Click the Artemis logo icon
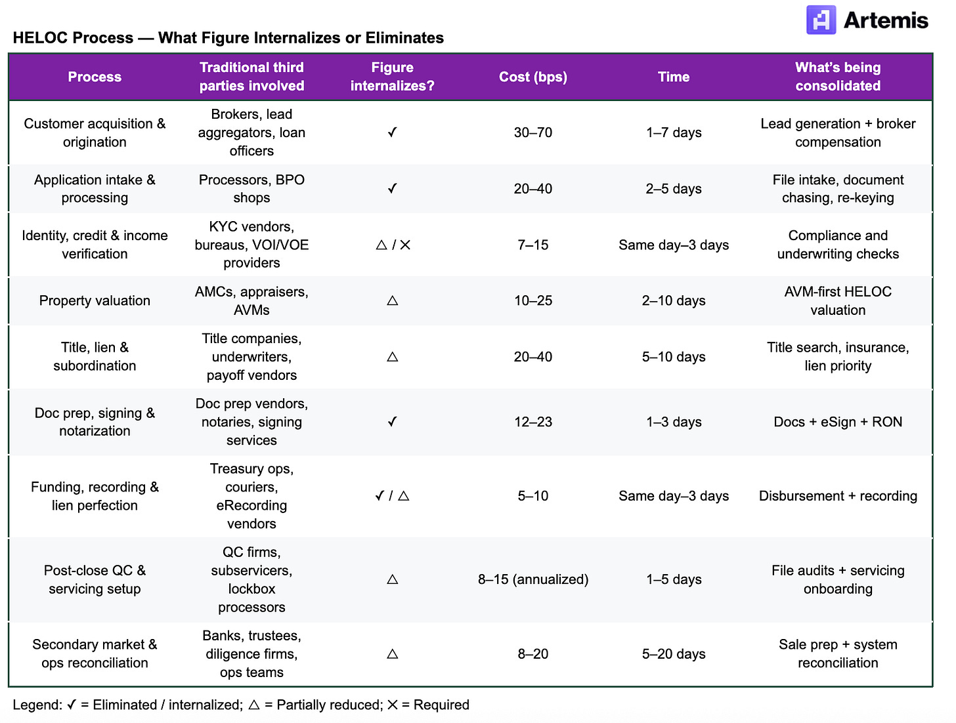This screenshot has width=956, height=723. [821, 20]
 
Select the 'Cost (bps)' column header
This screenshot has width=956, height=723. [532, 77]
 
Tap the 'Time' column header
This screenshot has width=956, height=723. [674, 77]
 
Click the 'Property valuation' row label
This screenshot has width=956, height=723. [95, 300]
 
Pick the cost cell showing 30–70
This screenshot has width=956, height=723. [532, 133]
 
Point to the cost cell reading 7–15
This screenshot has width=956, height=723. [532, 245]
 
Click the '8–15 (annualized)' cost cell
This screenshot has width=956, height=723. [532, 579]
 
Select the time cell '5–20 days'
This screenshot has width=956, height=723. [674, 654]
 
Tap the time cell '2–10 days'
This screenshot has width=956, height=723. [674, 300]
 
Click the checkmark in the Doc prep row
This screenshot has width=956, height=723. [392, 422]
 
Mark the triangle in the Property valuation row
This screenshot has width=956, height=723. [393, 300]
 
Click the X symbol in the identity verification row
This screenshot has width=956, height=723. [405, 245]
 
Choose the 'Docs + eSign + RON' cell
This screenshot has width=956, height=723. [838, 422]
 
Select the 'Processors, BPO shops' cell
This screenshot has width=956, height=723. [251, 189]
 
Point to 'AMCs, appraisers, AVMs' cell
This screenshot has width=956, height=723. [251, 300]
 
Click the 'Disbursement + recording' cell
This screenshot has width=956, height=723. [838, 496]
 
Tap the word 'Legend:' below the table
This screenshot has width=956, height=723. [37, 705]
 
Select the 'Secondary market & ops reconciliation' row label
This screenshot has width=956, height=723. [95, 653]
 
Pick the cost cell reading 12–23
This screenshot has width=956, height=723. [532, 422]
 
